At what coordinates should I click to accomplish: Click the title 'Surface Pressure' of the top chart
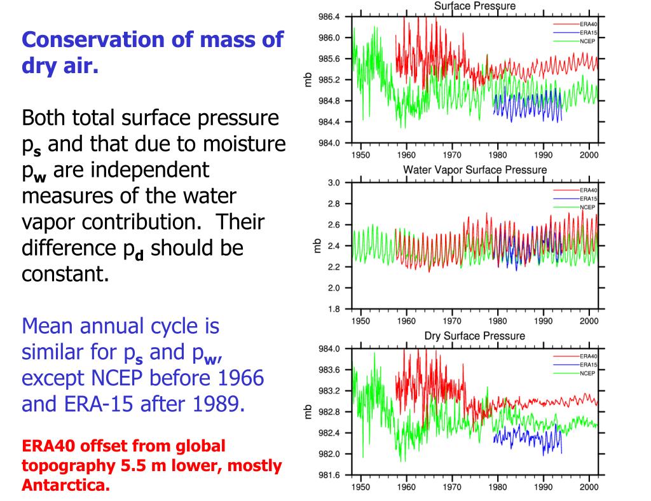coord(475,6)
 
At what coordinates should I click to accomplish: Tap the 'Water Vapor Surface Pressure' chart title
coord(475,170)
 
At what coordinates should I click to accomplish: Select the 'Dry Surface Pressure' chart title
coord(475,336)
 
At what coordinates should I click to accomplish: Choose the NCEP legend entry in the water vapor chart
coord(588,207)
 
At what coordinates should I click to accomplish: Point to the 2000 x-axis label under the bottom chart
coord(589,487)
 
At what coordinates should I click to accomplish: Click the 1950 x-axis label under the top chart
coord(360,154)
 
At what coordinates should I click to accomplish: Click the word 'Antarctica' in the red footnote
coord(65,486)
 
